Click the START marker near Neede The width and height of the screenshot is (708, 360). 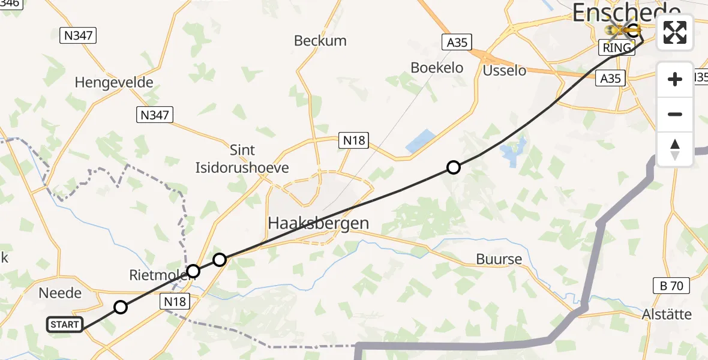[64, 325]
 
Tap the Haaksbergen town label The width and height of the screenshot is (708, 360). [318, 224]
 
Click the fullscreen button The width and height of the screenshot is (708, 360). [675, 32]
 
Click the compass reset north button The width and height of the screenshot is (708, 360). [675, 149]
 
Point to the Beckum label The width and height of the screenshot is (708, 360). [320, 41]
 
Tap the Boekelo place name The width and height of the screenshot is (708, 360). [437, 68]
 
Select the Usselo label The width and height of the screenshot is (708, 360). [505, 70]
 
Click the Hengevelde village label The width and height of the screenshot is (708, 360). [114, 83]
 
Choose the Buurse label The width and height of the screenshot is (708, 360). [499, 260]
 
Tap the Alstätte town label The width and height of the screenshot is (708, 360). [667, 314]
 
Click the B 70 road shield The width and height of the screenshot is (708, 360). [671, 286]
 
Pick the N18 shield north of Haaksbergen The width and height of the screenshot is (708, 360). [353, 140]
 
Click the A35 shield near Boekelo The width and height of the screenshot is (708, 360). [457, 42]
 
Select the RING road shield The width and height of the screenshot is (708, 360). [617, 47]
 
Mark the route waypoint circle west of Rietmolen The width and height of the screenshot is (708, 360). [121, 307]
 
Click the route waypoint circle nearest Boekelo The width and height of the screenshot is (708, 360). [454, 167]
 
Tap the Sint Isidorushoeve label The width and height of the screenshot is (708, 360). [242, 159]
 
